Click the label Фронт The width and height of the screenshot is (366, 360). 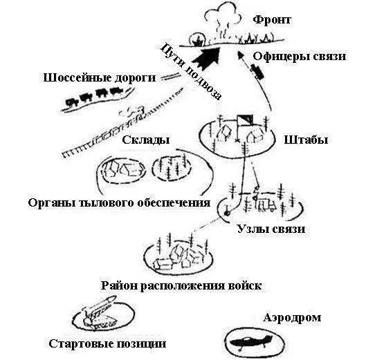[272, 20]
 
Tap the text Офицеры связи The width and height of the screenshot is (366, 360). [300, 57]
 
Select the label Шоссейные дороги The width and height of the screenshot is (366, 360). [100, 78]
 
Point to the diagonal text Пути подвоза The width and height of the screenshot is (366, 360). [190, 71]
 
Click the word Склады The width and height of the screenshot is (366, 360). [146, 140]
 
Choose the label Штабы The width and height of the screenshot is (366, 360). [306, 140]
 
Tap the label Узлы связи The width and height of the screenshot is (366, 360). [271, 229]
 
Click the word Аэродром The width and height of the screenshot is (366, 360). [292, 318]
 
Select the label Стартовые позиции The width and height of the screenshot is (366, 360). [107, 343]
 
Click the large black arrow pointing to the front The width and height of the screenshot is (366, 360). [206, 57]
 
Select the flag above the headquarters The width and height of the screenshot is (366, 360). [244, 120]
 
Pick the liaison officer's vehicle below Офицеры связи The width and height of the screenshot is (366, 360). [257, 72]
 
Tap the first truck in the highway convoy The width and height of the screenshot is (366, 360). [117, 91]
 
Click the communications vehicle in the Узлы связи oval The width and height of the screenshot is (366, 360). [266, 205]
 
